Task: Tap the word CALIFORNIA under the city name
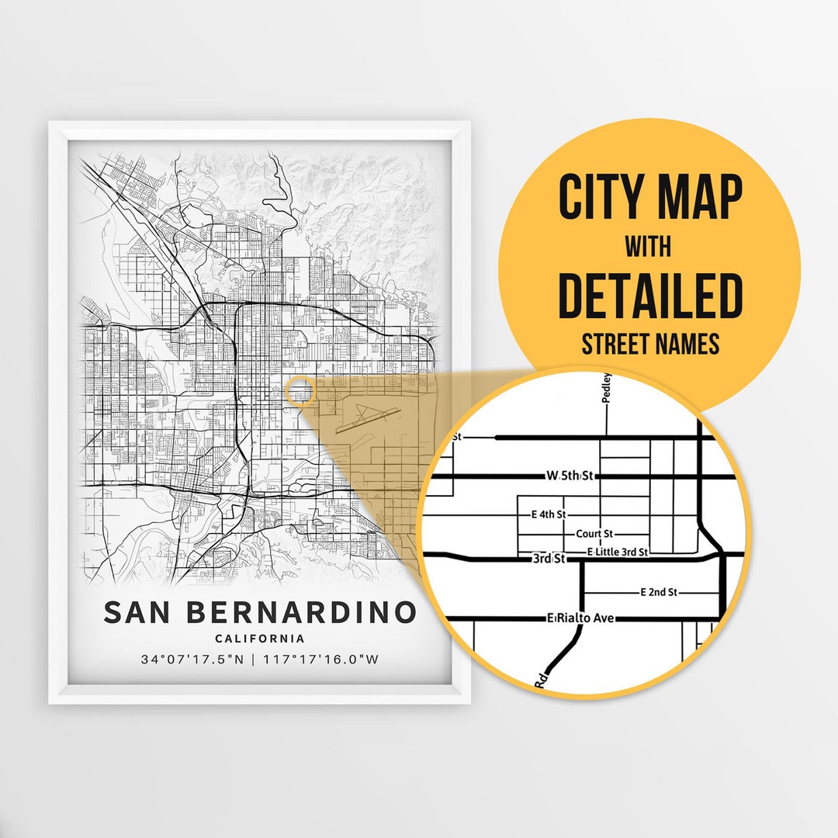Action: pos(260,639)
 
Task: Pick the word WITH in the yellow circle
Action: pos(649,247)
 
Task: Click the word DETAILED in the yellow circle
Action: pos(649,296)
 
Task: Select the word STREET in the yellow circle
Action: pos(616,344)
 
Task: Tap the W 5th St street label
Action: pos(570,476)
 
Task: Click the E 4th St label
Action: pos(549,514)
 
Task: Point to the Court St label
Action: pos(595,534)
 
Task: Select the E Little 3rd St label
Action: pos(618,551)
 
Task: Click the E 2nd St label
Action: pos(659,591)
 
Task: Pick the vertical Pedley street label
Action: pos(607,388)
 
